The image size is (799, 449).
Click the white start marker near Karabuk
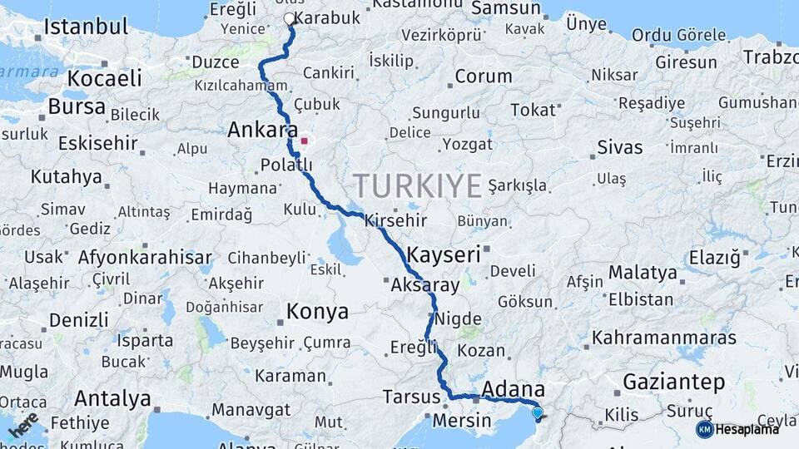click(289, 18)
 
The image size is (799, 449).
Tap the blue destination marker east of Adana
click(537, 412)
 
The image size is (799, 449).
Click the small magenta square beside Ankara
click(304, 141)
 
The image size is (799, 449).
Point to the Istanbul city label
click(86, 27)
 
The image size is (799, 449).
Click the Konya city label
click(317, 312)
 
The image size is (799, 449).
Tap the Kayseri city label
click(444, 254)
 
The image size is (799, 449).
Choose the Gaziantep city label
click(673, 382)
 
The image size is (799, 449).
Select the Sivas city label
click(620, 147)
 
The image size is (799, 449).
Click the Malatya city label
click(643, 272)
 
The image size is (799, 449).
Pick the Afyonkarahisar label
click(145, 258)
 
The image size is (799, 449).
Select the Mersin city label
click(461, 420)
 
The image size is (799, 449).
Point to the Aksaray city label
click(424, 285)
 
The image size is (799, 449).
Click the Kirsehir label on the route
click(395, 221)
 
